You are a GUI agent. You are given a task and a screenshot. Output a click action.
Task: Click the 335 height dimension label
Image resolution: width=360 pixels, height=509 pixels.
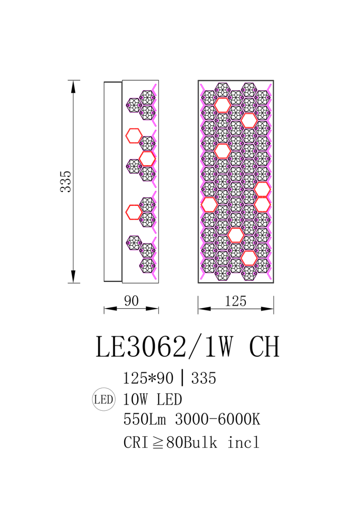tap(66, 182)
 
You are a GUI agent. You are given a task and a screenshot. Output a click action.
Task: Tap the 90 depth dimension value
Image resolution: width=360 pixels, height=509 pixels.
tap(131, 301)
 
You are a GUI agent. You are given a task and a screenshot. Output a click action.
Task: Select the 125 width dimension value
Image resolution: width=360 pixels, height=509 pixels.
tap(235, 301)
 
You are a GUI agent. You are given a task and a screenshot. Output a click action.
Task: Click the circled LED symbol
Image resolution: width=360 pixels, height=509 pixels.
tap(104, 399)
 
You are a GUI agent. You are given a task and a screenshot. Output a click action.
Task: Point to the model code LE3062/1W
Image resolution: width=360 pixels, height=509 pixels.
tap(165, 347)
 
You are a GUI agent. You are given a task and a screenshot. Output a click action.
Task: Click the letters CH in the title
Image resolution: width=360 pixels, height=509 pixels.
tap(264, 347)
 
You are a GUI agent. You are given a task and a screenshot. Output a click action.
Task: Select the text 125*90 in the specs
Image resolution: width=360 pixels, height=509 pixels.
tap(148, 378)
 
